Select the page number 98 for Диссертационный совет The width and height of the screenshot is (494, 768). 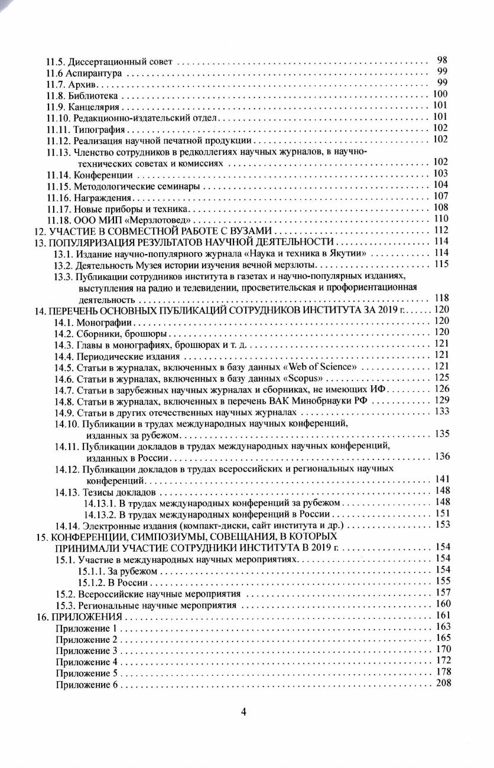[x=442, y=60]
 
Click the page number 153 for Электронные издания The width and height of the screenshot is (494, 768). [x=443, y=525]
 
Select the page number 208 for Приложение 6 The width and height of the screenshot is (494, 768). [x=443, y=684]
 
